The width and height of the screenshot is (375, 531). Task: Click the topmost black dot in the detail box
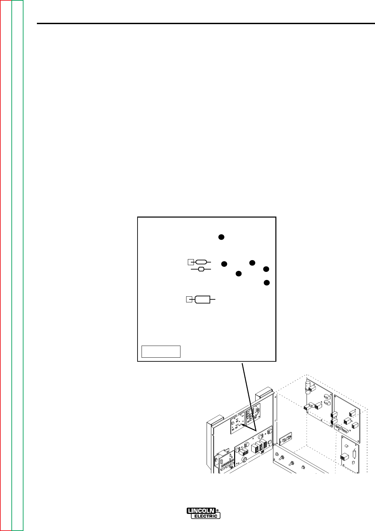221,237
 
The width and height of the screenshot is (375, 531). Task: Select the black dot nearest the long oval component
224,264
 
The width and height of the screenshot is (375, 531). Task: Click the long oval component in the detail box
201,262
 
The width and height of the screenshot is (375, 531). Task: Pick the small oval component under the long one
201,269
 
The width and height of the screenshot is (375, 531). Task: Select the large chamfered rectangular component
202,299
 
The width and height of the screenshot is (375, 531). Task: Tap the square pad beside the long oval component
191,262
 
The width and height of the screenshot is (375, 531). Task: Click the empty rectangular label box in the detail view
161,351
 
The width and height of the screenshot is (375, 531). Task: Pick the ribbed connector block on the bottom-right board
343,457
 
